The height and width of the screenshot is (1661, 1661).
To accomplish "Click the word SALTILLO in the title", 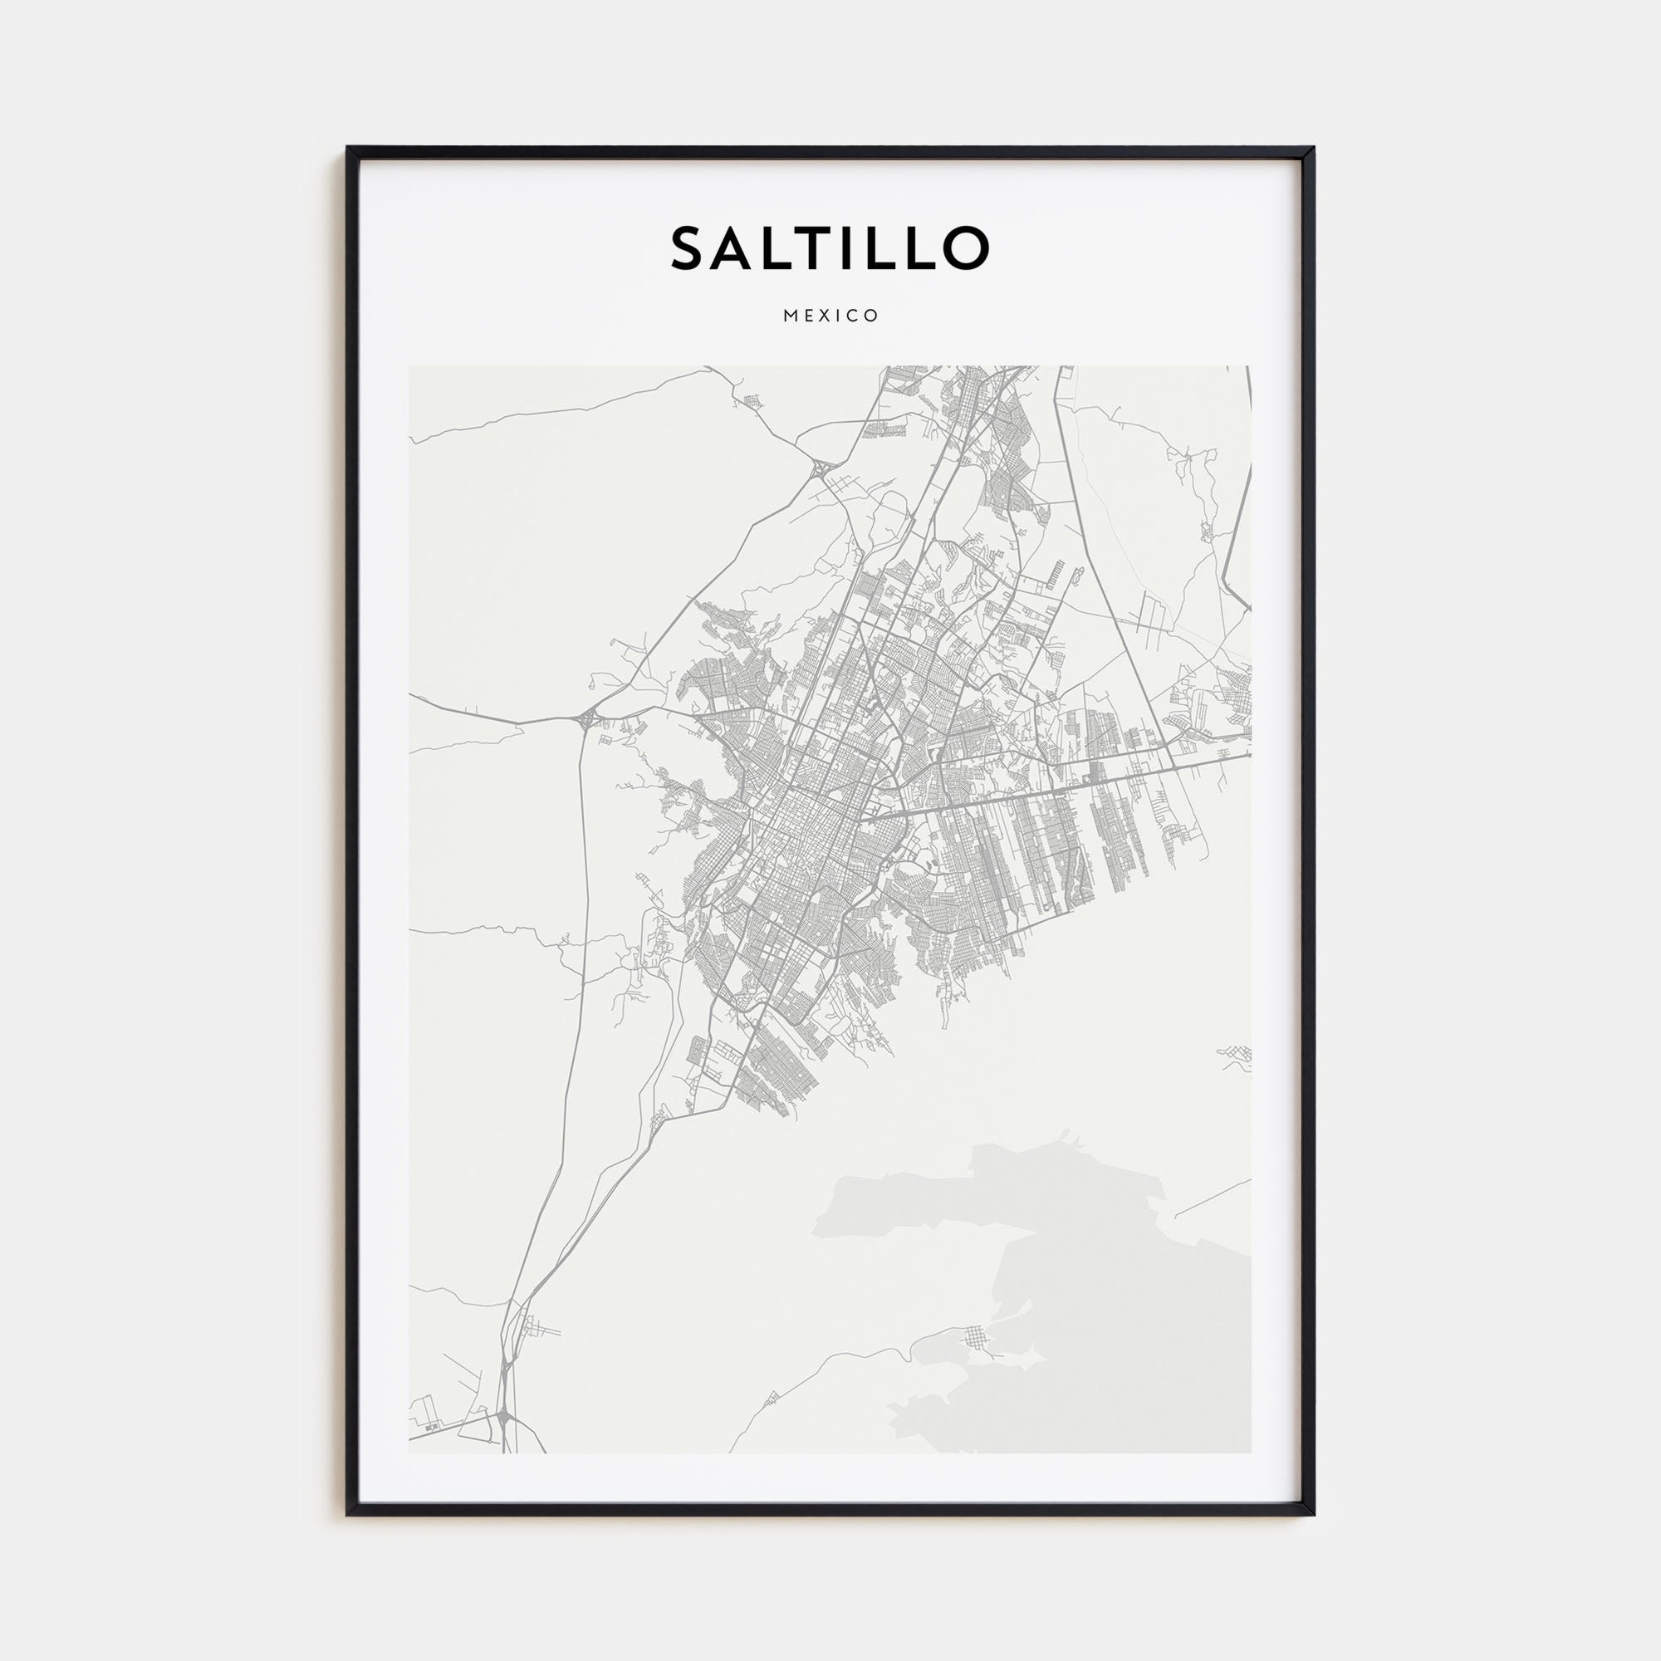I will tap(830, 248).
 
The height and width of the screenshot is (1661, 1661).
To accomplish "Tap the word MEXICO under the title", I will tap(830, 316).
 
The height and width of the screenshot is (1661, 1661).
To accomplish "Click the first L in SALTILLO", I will tap(776, 248).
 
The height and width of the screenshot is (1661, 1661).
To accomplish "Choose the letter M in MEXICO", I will tap(788, 316).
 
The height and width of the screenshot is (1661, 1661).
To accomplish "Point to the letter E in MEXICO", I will tap(806, 316).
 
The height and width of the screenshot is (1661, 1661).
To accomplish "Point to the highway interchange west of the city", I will tap(587, 716).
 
